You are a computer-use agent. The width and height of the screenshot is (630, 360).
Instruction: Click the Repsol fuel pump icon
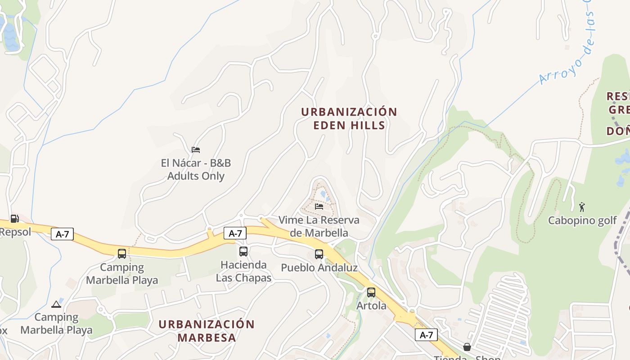(x=14, y=219)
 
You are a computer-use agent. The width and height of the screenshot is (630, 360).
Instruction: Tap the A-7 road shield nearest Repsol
(x=62, y=234)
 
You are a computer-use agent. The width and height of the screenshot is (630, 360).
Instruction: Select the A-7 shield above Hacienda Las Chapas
(x=235, y=233)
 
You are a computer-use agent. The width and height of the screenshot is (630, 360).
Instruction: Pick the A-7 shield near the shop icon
(x=426, y=335)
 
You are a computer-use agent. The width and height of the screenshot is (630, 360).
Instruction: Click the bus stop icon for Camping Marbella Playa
(x=122, y=253)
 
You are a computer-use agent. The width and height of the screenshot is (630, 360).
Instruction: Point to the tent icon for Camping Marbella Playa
(x=56, y=304)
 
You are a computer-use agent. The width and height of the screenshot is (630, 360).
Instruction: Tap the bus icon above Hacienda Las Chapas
(x=243, y=251)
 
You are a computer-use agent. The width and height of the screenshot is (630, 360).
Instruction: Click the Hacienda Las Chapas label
(x=243, y=271)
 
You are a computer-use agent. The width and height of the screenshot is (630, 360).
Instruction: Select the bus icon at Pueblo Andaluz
(x=319, y=254)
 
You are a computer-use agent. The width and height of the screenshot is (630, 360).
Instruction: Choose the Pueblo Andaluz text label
(x=319, y=268)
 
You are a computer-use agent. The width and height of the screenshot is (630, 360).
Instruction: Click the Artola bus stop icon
(x=371, y=292)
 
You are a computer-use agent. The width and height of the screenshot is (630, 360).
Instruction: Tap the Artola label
(x=371, y=306)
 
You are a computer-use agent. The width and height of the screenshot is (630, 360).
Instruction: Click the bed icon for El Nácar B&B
(x=195, y=149)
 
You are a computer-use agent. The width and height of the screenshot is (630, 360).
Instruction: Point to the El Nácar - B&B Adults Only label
(x=196, y=170)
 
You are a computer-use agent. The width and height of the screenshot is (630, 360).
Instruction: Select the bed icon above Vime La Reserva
(x=319, y=206)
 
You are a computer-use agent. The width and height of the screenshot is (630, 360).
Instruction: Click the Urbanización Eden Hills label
(x=349, y=118)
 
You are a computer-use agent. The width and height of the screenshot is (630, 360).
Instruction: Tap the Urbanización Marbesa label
(x=207, y=331)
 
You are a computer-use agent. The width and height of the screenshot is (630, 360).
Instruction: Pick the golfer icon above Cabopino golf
(x=582, y=207)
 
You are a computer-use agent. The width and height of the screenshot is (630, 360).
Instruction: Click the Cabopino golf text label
(x=582, y=220)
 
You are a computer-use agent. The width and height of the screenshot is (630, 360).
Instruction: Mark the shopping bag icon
(x=467, y=347)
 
